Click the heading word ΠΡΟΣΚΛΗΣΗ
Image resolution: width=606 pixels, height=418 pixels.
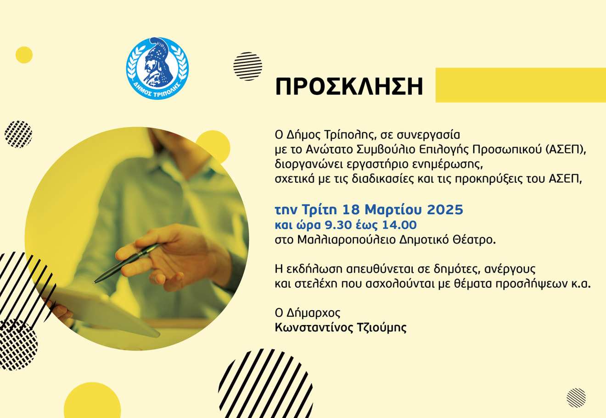[349, 87]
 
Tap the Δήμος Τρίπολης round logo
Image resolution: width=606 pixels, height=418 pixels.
[157, 68]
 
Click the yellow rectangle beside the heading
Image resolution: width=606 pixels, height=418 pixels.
[520, 85]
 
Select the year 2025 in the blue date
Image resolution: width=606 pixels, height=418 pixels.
[445, 210]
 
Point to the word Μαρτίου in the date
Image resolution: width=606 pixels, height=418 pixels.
[393, 210]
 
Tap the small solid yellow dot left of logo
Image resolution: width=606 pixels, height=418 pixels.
[24, 55]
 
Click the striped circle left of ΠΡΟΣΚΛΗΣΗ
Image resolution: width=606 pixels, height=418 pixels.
[247, 66]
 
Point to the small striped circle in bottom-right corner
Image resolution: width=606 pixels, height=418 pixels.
[576, 397]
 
